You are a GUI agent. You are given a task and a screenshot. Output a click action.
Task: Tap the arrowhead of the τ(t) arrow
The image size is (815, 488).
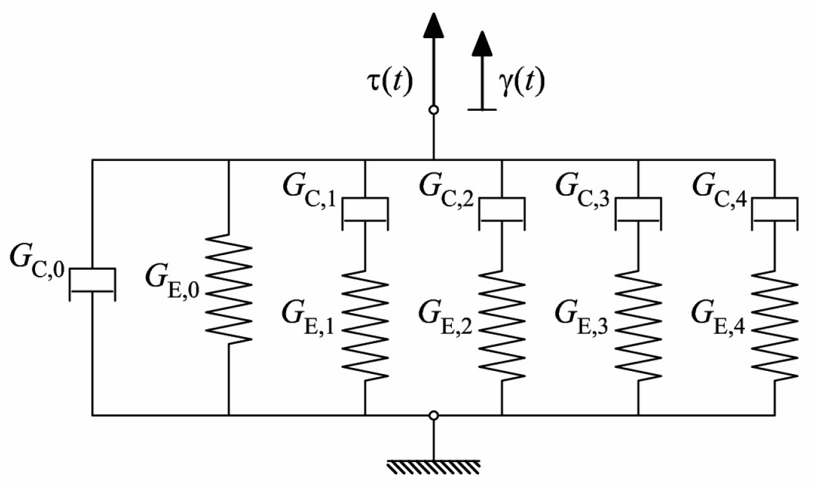pyautogui.click(x=433, y=25)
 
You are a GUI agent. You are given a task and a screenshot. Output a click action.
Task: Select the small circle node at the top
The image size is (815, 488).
pyautogui.click(x=433, y=110)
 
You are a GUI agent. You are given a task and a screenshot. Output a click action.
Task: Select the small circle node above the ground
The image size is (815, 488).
pyautogui.click(x=433, y=415)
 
